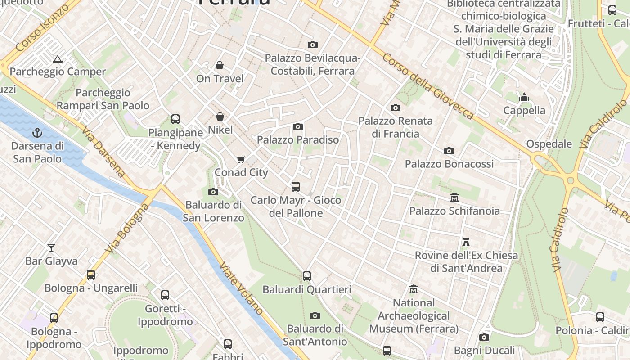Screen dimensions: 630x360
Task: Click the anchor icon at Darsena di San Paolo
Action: point(37,133)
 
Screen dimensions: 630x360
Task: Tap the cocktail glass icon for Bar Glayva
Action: point(51,248)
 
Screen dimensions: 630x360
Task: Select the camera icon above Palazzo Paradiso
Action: point(298,127)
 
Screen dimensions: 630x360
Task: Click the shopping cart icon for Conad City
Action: point(241,160)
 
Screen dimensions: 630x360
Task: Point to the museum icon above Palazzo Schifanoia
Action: point(454,198)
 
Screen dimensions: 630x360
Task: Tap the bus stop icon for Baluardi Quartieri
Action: point(307,276)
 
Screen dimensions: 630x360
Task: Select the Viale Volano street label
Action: point(241,288)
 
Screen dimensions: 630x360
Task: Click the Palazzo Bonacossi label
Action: point(449,164)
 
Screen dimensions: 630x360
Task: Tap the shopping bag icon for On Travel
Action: point(220,66)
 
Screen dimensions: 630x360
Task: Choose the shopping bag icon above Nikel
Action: point(220,117)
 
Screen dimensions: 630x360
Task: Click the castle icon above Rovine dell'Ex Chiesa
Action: point(466,242)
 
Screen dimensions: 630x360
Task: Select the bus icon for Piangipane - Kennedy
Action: point(175,119)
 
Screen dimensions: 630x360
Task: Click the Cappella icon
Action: point(524,97)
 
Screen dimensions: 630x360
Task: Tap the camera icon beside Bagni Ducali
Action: point(484,337)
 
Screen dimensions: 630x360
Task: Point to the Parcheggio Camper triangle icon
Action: point(57,59)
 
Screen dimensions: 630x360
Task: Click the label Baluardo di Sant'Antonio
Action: point(315,335)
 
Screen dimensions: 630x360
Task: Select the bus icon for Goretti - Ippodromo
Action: point(165,295)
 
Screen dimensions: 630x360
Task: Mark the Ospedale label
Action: point(549,144)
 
